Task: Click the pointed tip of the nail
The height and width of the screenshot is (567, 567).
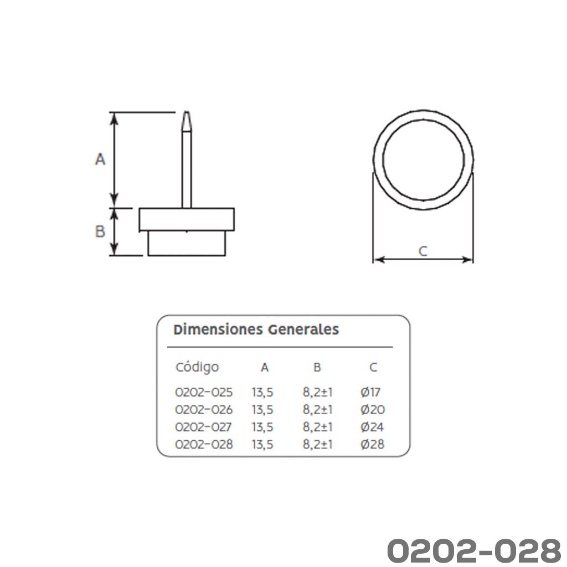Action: coord(187,112)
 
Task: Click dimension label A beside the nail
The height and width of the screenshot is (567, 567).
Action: coord(100,159)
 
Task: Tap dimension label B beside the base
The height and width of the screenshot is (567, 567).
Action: coord(100,231)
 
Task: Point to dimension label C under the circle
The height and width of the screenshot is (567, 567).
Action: coord(422,251)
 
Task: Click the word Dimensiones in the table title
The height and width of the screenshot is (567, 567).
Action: coord(218,329)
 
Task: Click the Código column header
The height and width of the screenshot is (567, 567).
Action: coord(197,367)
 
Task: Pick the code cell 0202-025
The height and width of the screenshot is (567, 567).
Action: coord(204,393)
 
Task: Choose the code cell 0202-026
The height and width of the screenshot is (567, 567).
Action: coord(204,410)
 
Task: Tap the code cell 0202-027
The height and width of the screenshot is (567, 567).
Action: coord(203,427)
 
